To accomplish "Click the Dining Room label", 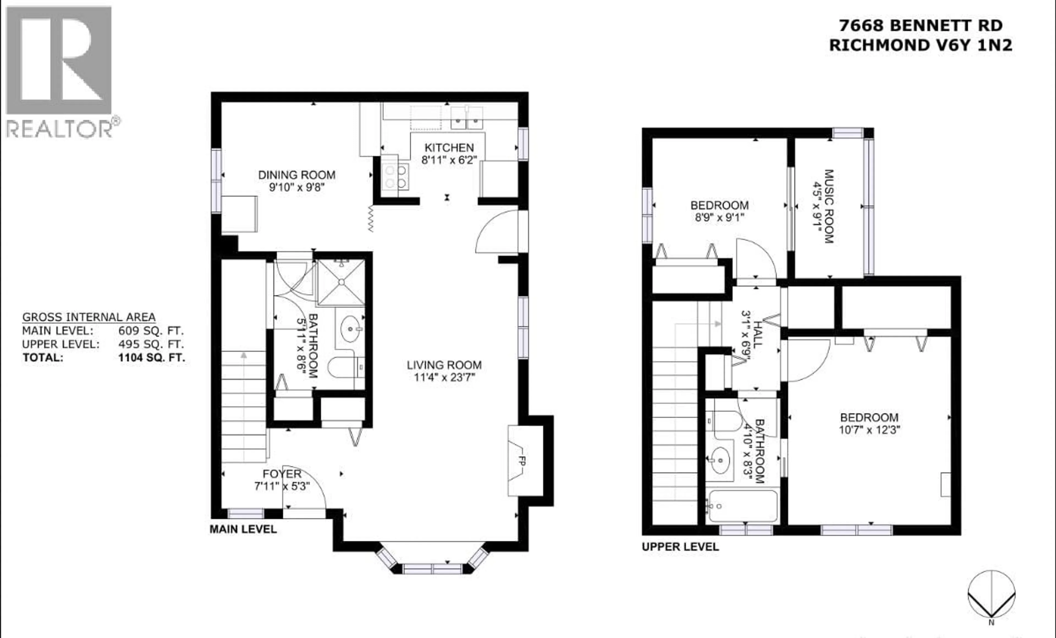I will [x=296, y=175].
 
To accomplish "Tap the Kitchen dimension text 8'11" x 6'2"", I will [x=449, y=160].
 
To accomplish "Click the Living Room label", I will [x=444, y=365].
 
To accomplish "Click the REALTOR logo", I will [x=60, y=71].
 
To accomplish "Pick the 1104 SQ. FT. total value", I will [x=152, y=358].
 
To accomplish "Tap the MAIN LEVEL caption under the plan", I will [x=243, y=529].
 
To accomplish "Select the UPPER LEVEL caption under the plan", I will [x=680, y=547].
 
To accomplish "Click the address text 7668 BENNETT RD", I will [x=921, y=26].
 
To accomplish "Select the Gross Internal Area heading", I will [x=89, y=317].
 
